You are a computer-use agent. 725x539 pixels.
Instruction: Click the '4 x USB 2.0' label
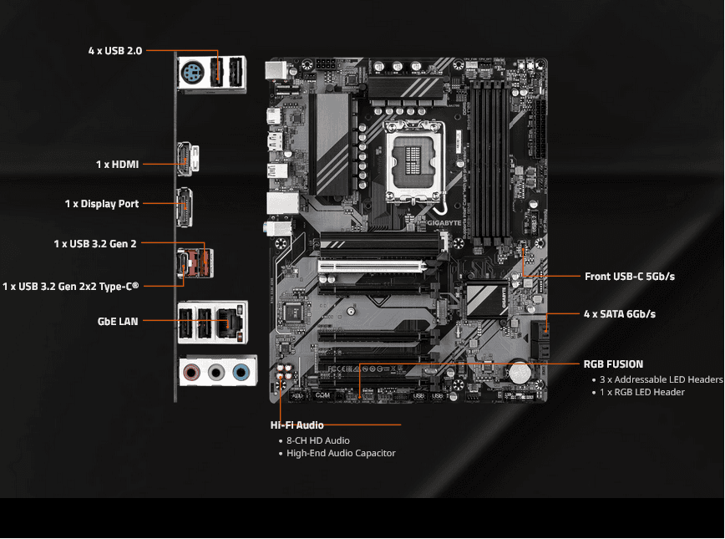pyautogui.click(x=115, y=51)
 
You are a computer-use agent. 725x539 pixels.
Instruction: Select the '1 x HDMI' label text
pyautogui.click(x=118, y=165)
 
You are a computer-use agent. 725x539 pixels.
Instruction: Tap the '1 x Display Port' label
pyautogui.click(x=102, y=204)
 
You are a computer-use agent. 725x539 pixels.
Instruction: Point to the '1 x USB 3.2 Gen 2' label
pyautogui.click(x=95, y=244)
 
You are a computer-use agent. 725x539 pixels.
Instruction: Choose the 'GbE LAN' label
pyautogui.click(x=118, y=321)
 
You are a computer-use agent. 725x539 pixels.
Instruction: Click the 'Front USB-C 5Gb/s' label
pyautogui.click(x=630, y=277)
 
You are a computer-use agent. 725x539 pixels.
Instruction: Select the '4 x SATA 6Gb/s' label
pyautogui.click(x=620, y=314)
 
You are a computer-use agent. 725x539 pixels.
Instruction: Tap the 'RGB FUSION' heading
pyautogui.click(x=613, y=364)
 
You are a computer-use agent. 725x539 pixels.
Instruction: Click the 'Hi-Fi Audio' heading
pyautogui.click(x=297, y=425)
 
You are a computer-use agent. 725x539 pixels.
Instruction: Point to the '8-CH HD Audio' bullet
pyautogui.click(x=318, y=440)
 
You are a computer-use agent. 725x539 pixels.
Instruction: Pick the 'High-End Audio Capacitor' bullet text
pyautogui.click(x=342, y=454)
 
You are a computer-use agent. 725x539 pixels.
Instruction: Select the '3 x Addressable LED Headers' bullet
pyautogui.click(x=662, y=379)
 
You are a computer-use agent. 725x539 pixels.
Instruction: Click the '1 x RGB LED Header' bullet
pyautogui.click(x=642, y=392)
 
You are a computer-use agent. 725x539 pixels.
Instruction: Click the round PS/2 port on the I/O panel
pyautogui.click(x=192, y=73)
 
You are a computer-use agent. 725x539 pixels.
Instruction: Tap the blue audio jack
pyautogui.click(x=241, y=372)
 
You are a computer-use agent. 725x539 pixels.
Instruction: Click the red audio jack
pyautogui.click(x=191, y=372)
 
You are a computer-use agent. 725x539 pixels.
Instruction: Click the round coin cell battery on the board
pyautogui.click(x=521, y=372)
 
